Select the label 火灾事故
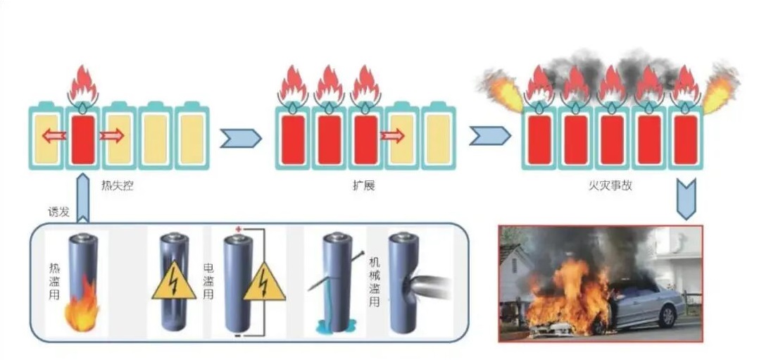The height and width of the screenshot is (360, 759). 610,188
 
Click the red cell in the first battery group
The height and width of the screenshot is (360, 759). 82,139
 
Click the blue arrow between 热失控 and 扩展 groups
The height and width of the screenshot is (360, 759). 240,138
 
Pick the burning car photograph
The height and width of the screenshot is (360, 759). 600,283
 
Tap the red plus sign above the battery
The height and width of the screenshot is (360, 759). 238,230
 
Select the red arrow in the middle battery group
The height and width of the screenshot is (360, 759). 394,135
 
